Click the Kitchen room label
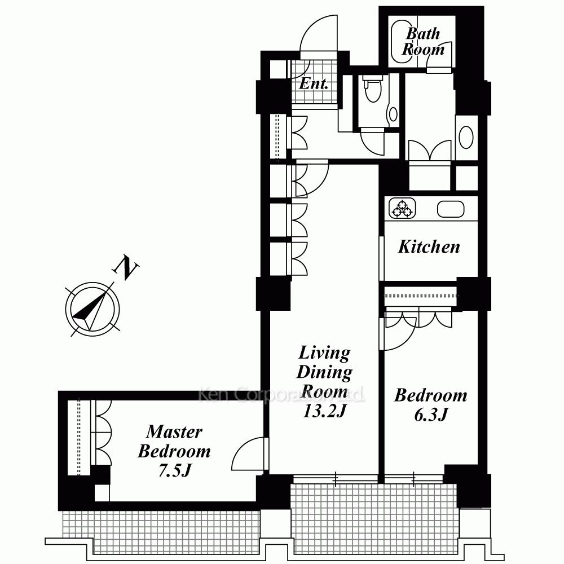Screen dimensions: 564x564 point(429,247)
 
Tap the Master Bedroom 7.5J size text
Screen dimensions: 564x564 point(175,470)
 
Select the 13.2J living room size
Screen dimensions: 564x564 point(324,411)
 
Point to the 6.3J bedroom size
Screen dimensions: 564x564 point(431,415)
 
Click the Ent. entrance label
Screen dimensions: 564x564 point(314,84)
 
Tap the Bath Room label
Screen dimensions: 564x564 point(424,41)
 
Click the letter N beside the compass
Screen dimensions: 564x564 point(126,267)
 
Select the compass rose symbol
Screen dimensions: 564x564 point(92,309)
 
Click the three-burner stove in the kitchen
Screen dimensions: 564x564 point(402,209)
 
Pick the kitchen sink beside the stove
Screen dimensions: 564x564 point(451,209)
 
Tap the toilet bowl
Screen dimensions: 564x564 point(372,89)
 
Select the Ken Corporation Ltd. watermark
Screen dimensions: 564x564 point(281,394)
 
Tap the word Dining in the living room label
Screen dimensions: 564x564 point(324,372)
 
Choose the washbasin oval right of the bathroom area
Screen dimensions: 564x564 point(466,137)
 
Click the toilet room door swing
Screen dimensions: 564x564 point(372,142)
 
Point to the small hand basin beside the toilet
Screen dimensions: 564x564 point(393,114)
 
